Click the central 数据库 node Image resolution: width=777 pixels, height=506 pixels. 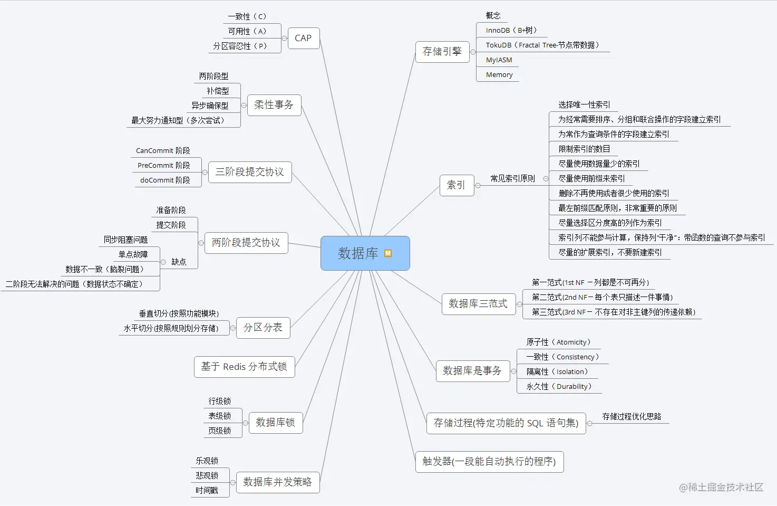pyautogui.click(x=358, y=253)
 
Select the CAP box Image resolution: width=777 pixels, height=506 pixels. pyautogui.click(x=303, y=38)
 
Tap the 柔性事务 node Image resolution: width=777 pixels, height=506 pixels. pyautogui.click(x=274, y=105)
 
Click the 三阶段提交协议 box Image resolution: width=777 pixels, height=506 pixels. pyautogui.click(x=249, y=172)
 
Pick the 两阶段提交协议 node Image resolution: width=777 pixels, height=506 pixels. pyautogui.click(x=246, y=243)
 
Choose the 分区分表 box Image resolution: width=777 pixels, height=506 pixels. pyautogui.click(x=263, y=328)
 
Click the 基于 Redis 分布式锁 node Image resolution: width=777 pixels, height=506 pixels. pyautogui.click(x=244, y=367)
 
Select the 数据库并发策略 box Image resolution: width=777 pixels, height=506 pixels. pyautogui.click(x=277, y=482)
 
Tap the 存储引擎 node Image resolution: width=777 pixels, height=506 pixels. pyautogui.click(x=442, y=52)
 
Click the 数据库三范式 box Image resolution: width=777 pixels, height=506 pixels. pyautogui.click(x=478, y=304)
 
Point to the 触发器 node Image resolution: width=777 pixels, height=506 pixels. pyautogui.click(x=489, y=462)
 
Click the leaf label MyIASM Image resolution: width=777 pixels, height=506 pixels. pyautogui.click(x=499, y=60)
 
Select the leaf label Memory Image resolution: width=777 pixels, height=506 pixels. pyautogui.click(x=499, y=75)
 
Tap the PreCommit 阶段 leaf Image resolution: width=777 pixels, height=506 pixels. pyautogui.click(x=163, y=166)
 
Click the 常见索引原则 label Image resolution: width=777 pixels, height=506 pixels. pyautogui.click(x=512, y=179)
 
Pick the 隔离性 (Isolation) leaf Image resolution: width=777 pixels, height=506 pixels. pyautogui.click(x=557, y=372)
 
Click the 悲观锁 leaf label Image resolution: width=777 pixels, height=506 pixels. pyautogui.click(x=207, y=476)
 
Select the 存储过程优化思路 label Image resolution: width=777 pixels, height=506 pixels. pyautogui.click(x=632, y=417)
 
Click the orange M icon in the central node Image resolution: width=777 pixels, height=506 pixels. pyautogui.click(x=388, y=253)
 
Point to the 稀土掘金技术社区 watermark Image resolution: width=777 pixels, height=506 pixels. pyautogui.click(x=721, y=487)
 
